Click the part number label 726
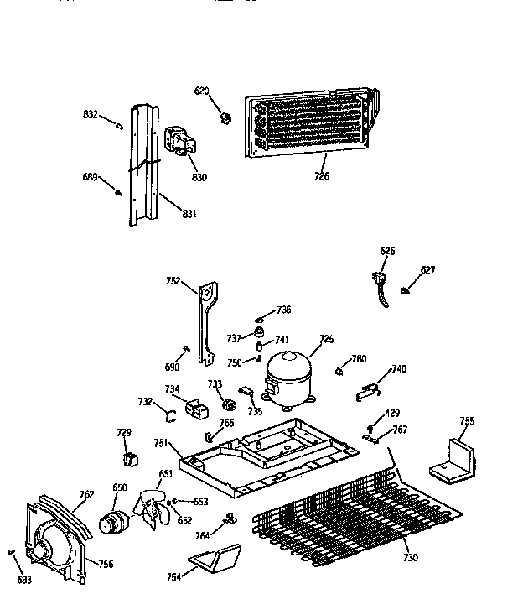tap(322, 175)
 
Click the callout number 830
tap(199, 177)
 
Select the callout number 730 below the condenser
tap(410, 558)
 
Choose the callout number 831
tap(189, 214)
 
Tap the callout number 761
tap(162, 443)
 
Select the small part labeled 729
tap(129, 457)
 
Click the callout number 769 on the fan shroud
tap(86, 495)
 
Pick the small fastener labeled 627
tap(405, 290)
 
